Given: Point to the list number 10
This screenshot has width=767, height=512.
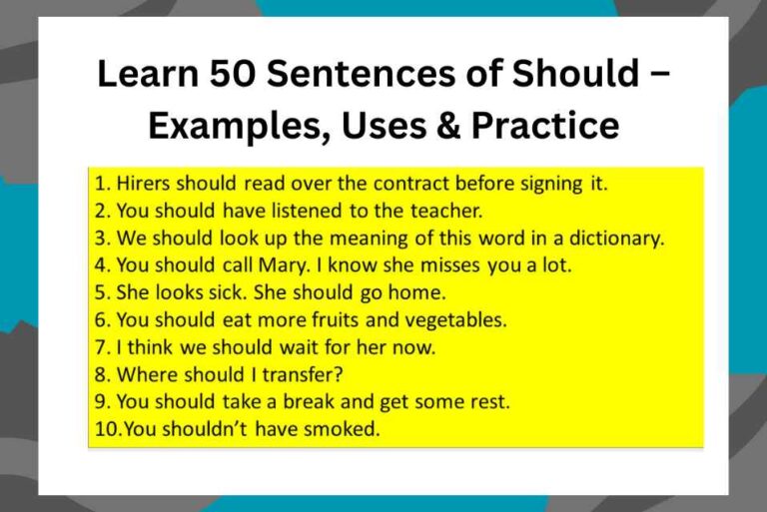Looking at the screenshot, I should (103, 430).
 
